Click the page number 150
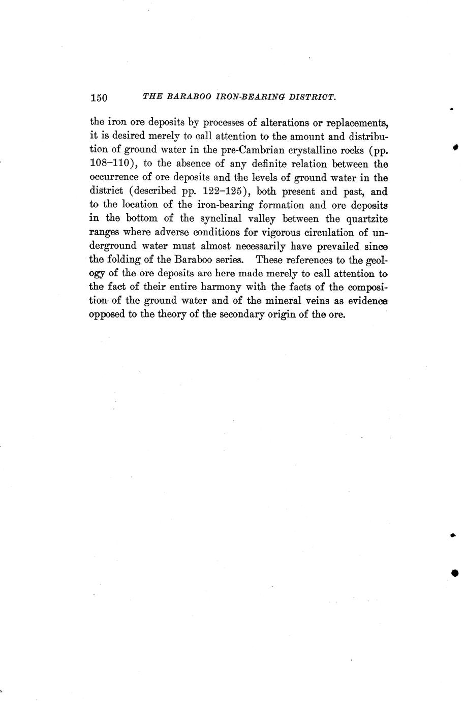pos(99,98)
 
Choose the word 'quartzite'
pos(367,219)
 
